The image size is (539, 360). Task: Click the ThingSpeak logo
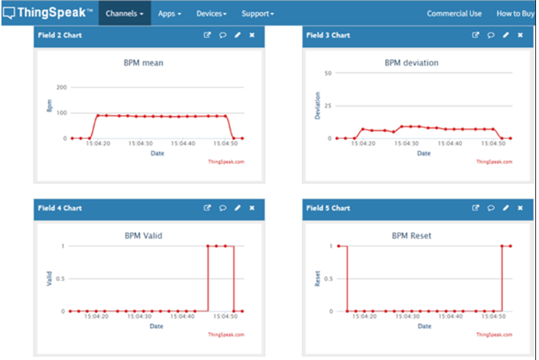click(x=48, y=12)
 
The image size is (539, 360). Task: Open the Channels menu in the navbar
click(x=124, y=13)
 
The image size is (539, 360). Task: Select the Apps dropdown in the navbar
click(x=169, y=13)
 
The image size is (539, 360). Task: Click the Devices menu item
click(x=211, y=13)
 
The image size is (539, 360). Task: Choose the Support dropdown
click(x=257, y=13)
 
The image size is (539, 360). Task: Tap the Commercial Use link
click(x=454, y=13)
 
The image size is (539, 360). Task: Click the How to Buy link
click(x=515, y=13)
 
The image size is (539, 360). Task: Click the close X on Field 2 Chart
click(x=252, y=35)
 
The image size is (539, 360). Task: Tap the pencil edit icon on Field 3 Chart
click(x=506, y=35)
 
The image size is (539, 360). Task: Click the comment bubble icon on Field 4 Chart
click(x=222, y=208)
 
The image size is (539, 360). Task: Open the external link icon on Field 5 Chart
click(x=476, y=208)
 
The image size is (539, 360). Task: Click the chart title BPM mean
click(x=143, y=63)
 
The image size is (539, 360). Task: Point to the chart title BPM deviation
click(x=411, y=63)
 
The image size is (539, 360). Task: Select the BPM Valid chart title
click(x=143, y=236)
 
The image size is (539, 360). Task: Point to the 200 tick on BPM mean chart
click(x=62, y=87)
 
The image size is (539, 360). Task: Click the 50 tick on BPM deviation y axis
click(x=328, y=73)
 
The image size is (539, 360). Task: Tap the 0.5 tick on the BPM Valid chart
click(x=62, y=278)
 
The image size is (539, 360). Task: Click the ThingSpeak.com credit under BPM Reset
click(x=493, y=334)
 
